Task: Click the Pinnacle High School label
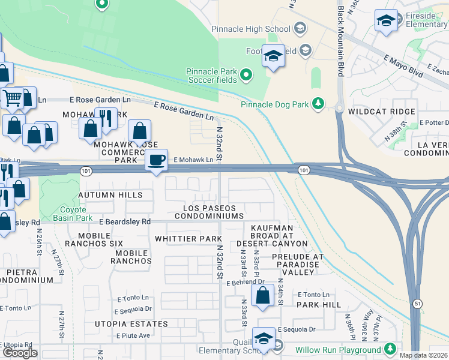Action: [250, 29]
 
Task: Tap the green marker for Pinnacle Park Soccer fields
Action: [246, 75]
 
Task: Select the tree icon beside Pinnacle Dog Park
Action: [318, 104]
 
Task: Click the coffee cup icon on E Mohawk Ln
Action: [157, 160]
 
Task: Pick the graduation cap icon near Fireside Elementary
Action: [385, 21]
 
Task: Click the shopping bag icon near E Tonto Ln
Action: [262, 296]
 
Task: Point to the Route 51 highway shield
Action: [417, 304]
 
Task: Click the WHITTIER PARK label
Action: [188, 239]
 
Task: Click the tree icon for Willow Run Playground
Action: [390, 349]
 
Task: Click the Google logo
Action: [20, 353]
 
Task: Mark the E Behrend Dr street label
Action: [246, 281]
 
